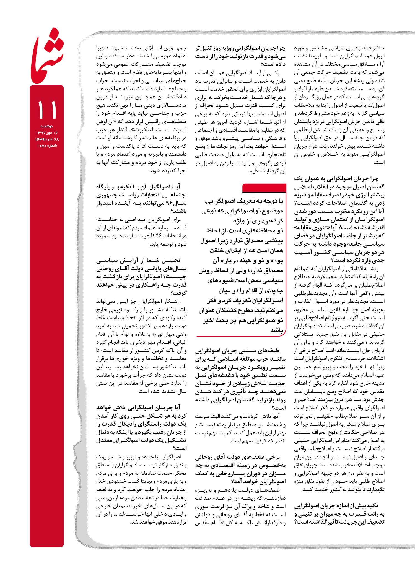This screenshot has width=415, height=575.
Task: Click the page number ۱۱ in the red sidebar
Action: tap(47, 109)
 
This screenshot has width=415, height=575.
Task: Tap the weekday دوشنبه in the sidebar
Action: tap(46, 126)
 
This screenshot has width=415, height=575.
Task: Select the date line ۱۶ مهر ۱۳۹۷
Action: tap(47, 133)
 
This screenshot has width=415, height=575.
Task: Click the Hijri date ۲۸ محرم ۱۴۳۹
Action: tap(47, 139)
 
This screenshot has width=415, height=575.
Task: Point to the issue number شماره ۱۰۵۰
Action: tap(47, 146)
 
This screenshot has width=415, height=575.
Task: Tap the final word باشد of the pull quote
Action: tap(277, 330)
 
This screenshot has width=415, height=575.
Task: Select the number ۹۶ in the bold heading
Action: tap(169, 203)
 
